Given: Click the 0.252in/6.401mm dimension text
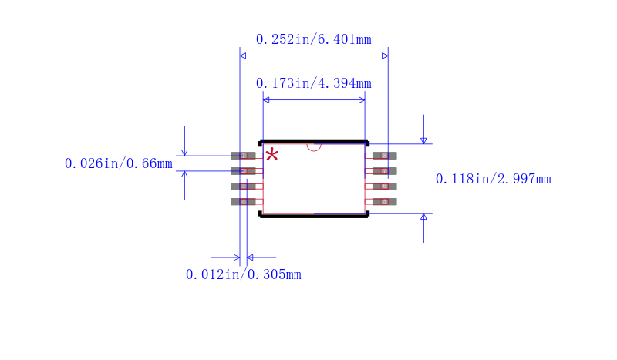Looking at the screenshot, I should coord(313,39).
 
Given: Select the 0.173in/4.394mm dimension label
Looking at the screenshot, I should coord(313,83).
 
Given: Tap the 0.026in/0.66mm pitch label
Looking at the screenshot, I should coord(119,163).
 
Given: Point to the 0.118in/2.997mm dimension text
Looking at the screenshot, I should coord(493,179).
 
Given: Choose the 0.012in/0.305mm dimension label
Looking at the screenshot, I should coord(243,274).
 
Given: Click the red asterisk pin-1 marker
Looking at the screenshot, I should coord(271,155).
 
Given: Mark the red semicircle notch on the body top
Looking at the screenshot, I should coord(314,146).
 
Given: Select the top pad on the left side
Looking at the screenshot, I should coord(243,156).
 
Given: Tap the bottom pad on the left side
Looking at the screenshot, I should coord(243,202).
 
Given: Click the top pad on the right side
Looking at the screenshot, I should coord(384,156).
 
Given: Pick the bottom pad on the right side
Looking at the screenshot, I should coord(384,202).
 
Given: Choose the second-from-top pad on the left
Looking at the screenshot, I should coord(243,171).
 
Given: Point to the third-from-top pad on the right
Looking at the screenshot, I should coord(384,187).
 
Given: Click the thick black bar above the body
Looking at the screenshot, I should coord(314,141).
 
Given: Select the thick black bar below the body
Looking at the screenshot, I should coord(314,217).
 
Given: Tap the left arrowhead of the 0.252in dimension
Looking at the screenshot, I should coord(243,56).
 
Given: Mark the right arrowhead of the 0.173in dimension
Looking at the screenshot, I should coord(362,99).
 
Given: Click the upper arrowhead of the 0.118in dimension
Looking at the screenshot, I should coord(423,140).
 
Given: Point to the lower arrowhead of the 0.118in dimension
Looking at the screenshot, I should coord(423,217).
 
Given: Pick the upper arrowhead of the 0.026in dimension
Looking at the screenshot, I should coord(184,152).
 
